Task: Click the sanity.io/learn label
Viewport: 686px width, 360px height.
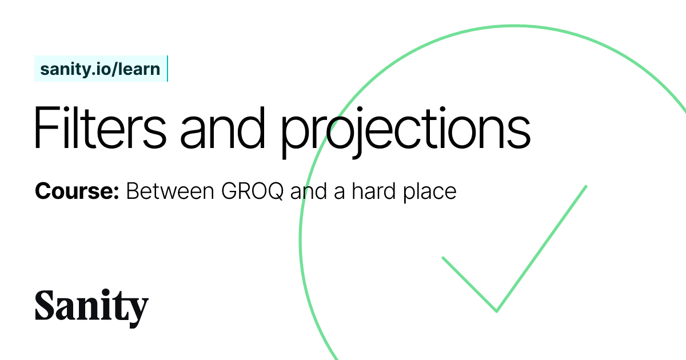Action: (x=100, y=69)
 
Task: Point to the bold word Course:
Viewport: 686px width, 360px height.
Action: (x=77, y=191)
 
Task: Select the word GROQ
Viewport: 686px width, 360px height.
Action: (x=252, y=191)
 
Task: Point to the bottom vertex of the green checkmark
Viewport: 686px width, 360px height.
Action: (x=496, y=311)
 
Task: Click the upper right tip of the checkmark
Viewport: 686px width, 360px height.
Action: (x=586, y=186)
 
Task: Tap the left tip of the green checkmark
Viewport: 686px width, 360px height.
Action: (x=443, y=258)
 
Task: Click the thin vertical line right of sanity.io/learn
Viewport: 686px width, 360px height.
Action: (x=167, y=69)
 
